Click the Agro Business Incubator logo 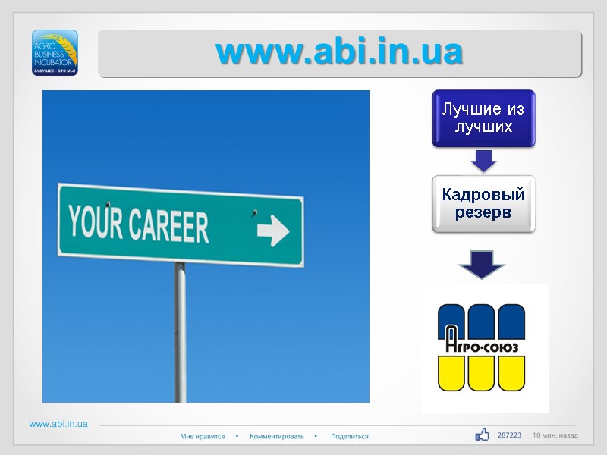tap(55, 52)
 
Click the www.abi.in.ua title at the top tap(339, 52)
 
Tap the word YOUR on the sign tap(94, 222)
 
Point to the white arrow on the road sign tap(272, 229)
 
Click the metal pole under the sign tap(180, 334)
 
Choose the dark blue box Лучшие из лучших tap(483, 118)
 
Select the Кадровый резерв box tap(483, 203)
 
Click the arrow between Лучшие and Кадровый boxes tap(483, 161)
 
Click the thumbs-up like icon tap(482, 435)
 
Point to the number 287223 tap(509, 435)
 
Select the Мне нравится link tap(203, 436)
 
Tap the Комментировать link tap(277, 436)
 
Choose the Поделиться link tap(350, 436)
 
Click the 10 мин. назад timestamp tap(555, 435)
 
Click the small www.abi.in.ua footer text tap(58, 424)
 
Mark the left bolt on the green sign tap(109, 204)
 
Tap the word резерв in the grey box tap(483, 212)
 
